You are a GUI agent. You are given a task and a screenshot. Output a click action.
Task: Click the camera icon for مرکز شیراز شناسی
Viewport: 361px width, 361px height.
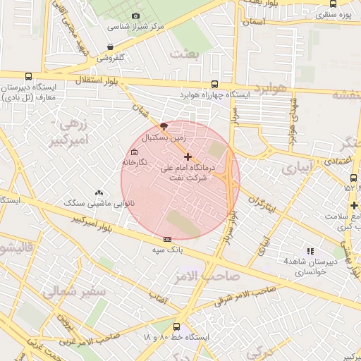click(x=135, y=16)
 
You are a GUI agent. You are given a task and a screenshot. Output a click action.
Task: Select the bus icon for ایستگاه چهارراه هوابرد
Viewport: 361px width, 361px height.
click(x=214, y=83)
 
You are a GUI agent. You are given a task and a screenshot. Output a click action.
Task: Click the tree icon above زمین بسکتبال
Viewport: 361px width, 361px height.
click(x=164, y=126)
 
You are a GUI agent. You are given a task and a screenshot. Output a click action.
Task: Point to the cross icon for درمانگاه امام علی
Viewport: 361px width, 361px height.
click(x=188, y=157)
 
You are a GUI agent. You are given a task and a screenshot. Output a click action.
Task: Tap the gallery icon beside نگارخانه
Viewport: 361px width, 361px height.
click(x=134, y=152)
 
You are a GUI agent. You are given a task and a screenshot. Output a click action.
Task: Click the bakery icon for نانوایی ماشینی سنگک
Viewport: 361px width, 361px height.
click(x=98, y=192)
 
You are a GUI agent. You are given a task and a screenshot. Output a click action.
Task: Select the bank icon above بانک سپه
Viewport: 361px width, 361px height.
click(x=167, y=238)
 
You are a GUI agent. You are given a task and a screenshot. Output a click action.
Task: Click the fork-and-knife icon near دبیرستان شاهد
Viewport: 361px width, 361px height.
click(x=310, y=251)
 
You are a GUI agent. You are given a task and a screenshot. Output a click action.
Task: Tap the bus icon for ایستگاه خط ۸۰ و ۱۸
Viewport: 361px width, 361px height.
click(x=176, y=326)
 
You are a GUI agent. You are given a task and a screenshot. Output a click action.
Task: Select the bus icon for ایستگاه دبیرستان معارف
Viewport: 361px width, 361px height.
click(x=28, y=76)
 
